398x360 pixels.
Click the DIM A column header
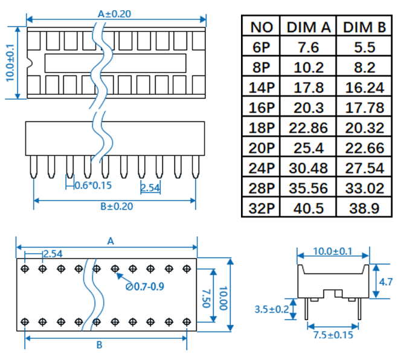pyautogui.click(x=308, y=27)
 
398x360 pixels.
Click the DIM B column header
pyautogui.click(x=364, y=27)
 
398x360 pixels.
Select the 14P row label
pyautogui.click(x=262, y=88)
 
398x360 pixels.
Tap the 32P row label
pyautogui.click(x=262, y=208)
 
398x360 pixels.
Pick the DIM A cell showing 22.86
pyautogui.click(x=308, y=128)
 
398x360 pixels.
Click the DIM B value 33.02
pyautogui.click(x=364, y=188)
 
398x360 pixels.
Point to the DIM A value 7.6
pyautogui.click(x=308, y=47)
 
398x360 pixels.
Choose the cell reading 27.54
pyautogui.click(x=364, y=168)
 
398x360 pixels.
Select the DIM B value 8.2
pyautogui.click(x=364, y=67)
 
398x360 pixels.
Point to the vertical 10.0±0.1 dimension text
pyautogui.click(x=10, y=63)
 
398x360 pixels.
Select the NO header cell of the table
pyautogui.click(x=262, y=27)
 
